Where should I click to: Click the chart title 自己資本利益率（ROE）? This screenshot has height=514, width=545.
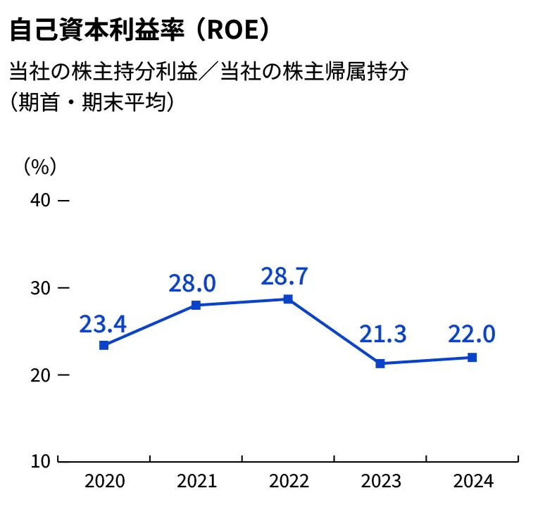[139, 31]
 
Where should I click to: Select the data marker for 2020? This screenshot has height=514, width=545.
[104, 345]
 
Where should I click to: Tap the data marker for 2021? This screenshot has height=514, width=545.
[196, 305]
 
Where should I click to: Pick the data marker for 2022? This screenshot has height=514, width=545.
[288, 299]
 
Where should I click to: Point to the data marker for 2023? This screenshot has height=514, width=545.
[380, 363]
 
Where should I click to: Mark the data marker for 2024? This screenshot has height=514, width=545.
[472, 357]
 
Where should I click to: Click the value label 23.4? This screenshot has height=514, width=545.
[103, 324]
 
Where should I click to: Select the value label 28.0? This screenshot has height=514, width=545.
[192, 283]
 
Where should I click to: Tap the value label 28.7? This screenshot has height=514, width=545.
[284, 277]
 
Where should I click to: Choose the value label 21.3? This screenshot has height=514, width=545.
[383, 334]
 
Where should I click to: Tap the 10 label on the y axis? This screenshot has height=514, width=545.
[41, 462]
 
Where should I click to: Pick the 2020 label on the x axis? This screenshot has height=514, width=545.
[104, 482]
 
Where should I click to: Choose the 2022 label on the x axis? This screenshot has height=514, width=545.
[289, 482]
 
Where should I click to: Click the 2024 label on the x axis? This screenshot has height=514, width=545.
[473, 482]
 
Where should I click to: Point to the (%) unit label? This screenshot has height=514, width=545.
[39, 166]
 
